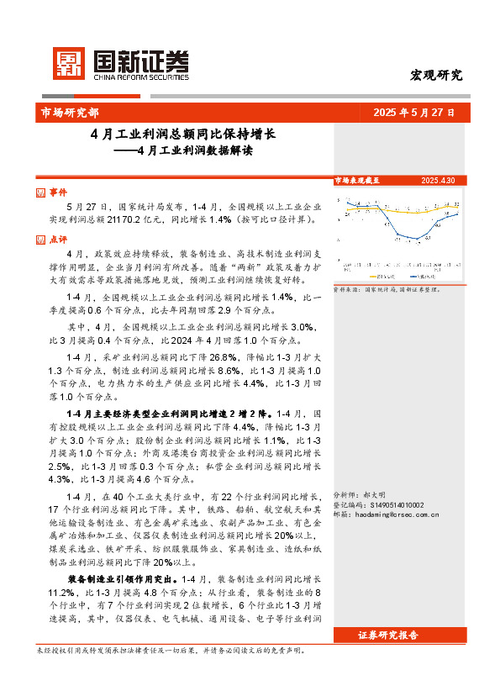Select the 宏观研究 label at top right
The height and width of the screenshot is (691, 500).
pos(436,75)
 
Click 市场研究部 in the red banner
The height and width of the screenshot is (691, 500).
pos(71,112)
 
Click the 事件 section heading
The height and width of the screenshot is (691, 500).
pos(58,192)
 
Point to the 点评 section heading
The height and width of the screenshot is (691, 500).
pos(58,239)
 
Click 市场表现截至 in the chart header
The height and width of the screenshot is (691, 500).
pos(357,181)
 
